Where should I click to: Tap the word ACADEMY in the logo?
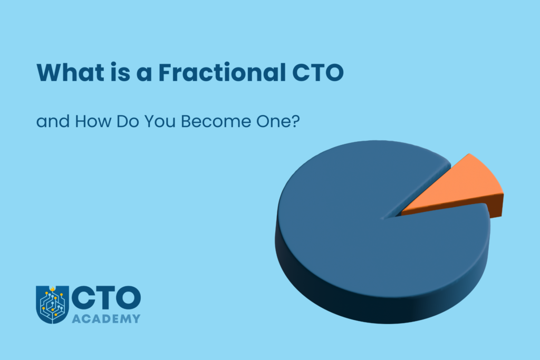(x=106, y=318)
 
